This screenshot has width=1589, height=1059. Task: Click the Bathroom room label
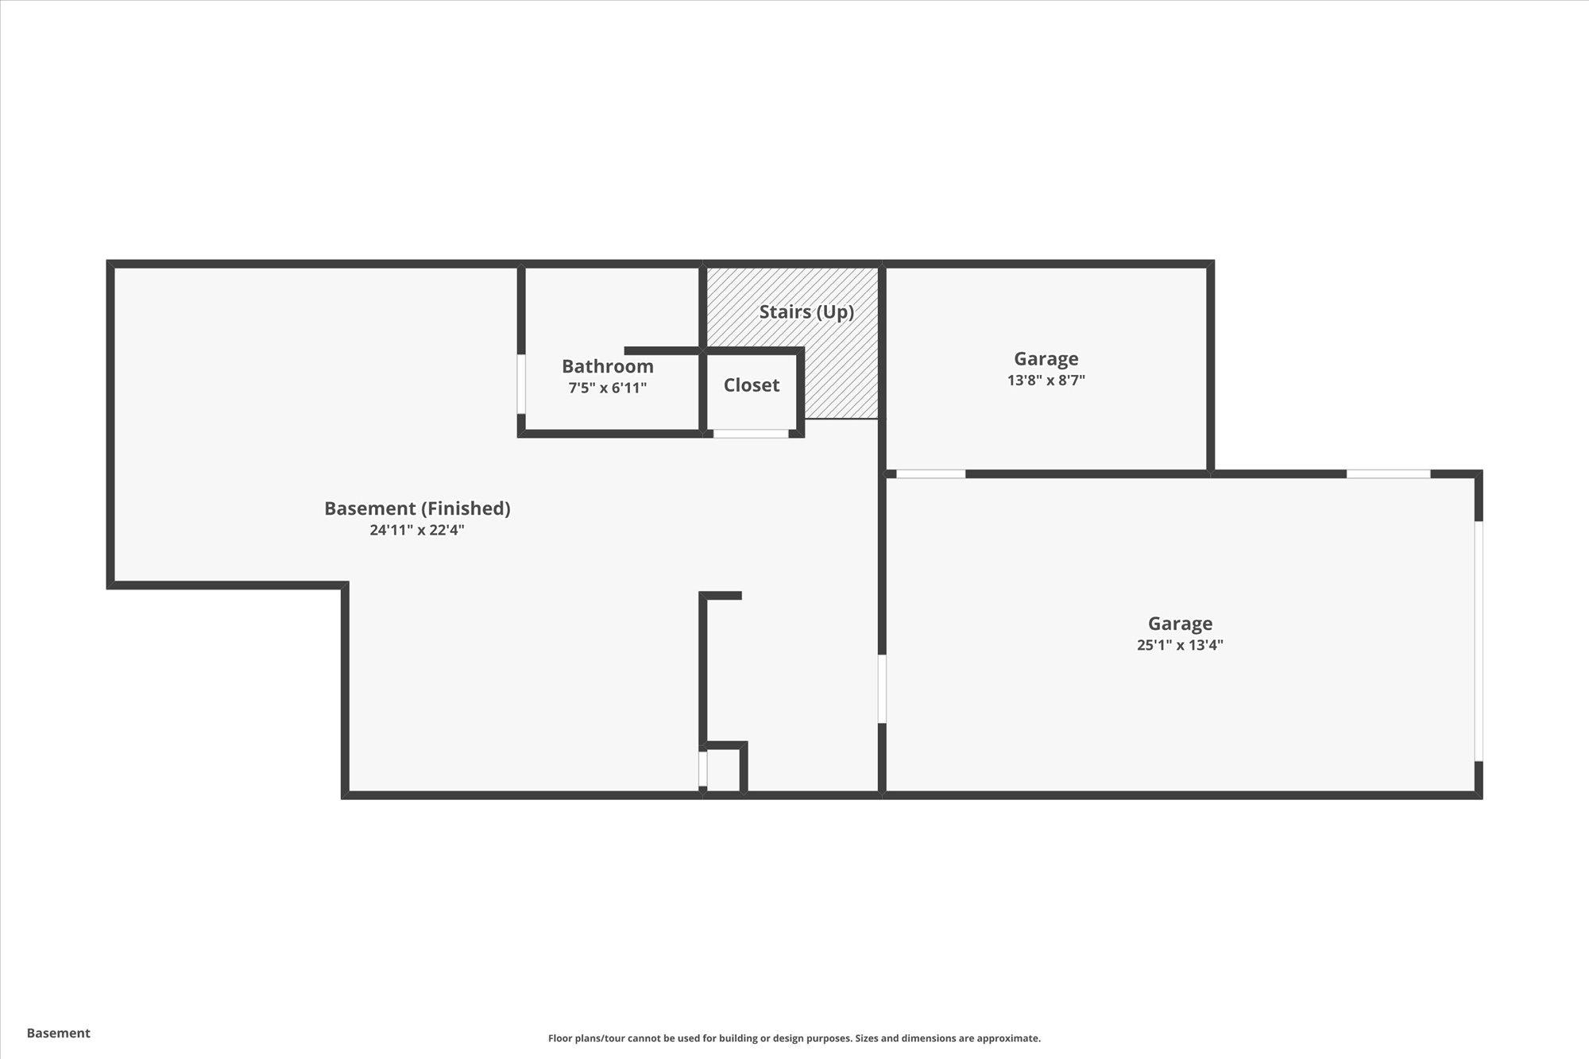click(607, 366)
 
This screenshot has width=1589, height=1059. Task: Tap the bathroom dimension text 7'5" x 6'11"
click(607, 388)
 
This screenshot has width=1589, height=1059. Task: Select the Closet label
click(751, 385)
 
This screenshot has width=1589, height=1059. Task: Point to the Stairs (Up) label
click(806, 312)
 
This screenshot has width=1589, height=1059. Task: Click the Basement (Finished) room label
click(417, 508)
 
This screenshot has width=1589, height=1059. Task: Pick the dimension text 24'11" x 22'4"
click(416, 530)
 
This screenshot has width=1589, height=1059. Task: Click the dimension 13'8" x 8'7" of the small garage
click(1046, 381)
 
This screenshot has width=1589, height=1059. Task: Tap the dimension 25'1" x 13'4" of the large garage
click(1179, 645)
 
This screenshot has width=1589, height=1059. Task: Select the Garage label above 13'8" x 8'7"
click(1046, 359)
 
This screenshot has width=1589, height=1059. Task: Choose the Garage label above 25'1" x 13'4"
click(1179, 624)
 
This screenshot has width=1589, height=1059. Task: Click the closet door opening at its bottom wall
click(750, 434)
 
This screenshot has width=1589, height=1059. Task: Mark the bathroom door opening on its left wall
click(521, 384)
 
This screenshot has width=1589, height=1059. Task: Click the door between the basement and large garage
click(882, 688)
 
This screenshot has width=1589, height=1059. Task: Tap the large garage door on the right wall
click(1479, 640)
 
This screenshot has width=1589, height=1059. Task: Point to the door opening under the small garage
click(930, 474)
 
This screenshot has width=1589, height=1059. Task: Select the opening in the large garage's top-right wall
click(1388, 474)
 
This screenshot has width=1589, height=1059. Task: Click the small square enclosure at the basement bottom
click(723, 769)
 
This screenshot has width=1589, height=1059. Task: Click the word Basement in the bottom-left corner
click(59, 1033)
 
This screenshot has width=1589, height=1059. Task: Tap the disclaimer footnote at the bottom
click(794, 1038)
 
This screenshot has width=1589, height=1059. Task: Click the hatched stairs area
click(842, 373)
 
